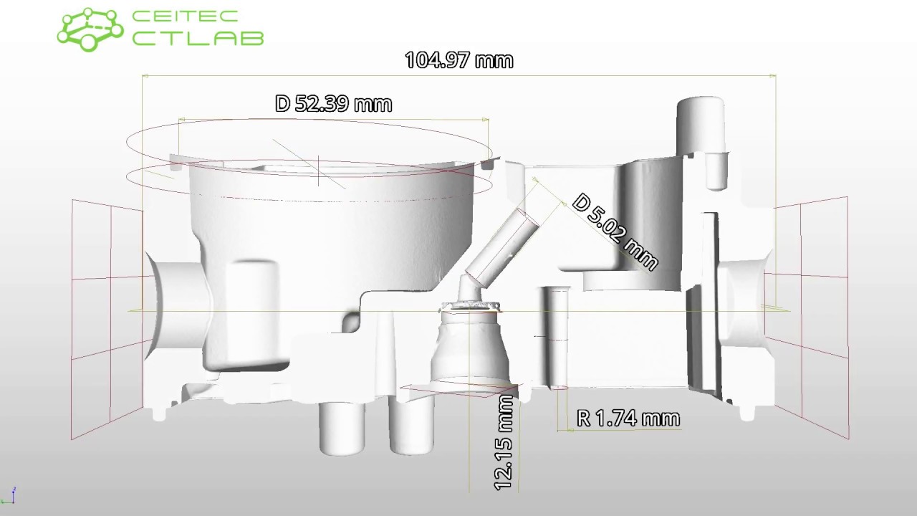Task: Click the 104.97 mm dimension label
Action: point(459,60)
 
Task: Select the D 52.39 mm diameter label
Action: point(334,104)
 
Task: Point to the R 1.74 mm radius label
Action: point(628,418)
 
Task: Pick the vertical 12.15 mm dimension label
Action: point(504,443)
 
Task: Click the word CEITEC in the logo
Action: point(185,16)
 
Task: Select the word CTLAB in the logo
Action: point(198,38)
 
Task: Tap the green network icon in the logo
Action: point(90,29)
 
